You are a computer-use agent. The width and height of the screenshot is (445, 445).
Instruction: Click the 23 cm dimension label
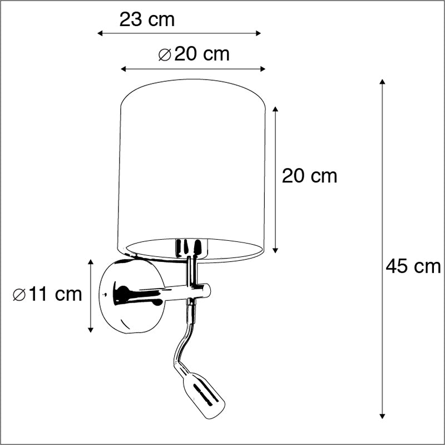(x=147, y=19)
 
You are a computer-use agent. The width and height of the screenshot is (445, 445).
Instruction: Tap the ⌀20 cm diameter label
(x=194, y=54)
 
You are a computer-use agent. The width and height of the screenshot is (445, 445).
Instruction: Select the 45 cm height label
(x=413, y=266)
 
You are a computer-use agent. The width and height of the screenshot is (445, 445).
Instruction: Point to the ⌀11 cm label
(x=47, y=294)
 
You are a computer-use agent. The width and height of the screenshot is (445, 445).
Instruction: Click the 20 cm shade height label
(x=309, y=176)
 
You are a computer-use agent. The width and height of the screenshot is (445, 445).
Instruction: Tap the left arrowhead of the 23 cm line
(x=100, y=33)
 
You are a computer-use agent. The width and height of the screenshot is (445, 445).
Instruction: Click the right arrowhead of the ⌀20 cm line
(x=263, y=69)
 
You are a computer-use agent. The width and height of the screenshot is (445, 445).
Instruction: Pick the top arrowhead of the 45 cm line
(x=382, y=82)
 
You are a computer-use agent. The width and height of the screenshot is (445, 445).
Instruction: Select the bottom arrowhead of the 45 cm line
(x=382, y=416)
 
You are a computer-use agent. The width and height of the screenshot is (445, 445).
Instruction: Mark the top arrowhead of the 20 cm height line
(x=275, y=109)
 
